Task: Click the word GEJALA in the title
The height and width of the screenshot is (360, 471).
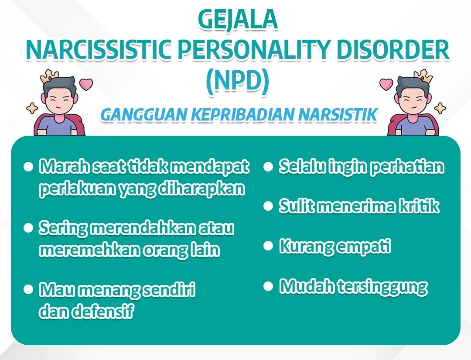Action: (237, 20)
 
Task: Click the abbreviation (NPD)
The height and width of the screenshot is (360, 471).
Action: (237, 81)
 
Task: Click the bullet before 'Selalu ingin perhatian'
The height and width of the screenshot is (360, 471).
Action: (268, 167)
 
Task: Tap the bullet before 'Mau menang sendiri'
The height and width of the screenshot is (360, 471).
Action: (28, 289)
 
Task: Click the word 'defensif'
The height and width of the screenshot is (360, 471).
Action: (102, 312)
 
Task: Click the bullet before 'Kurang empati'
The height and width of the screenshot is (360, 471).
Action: (268, 246)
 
